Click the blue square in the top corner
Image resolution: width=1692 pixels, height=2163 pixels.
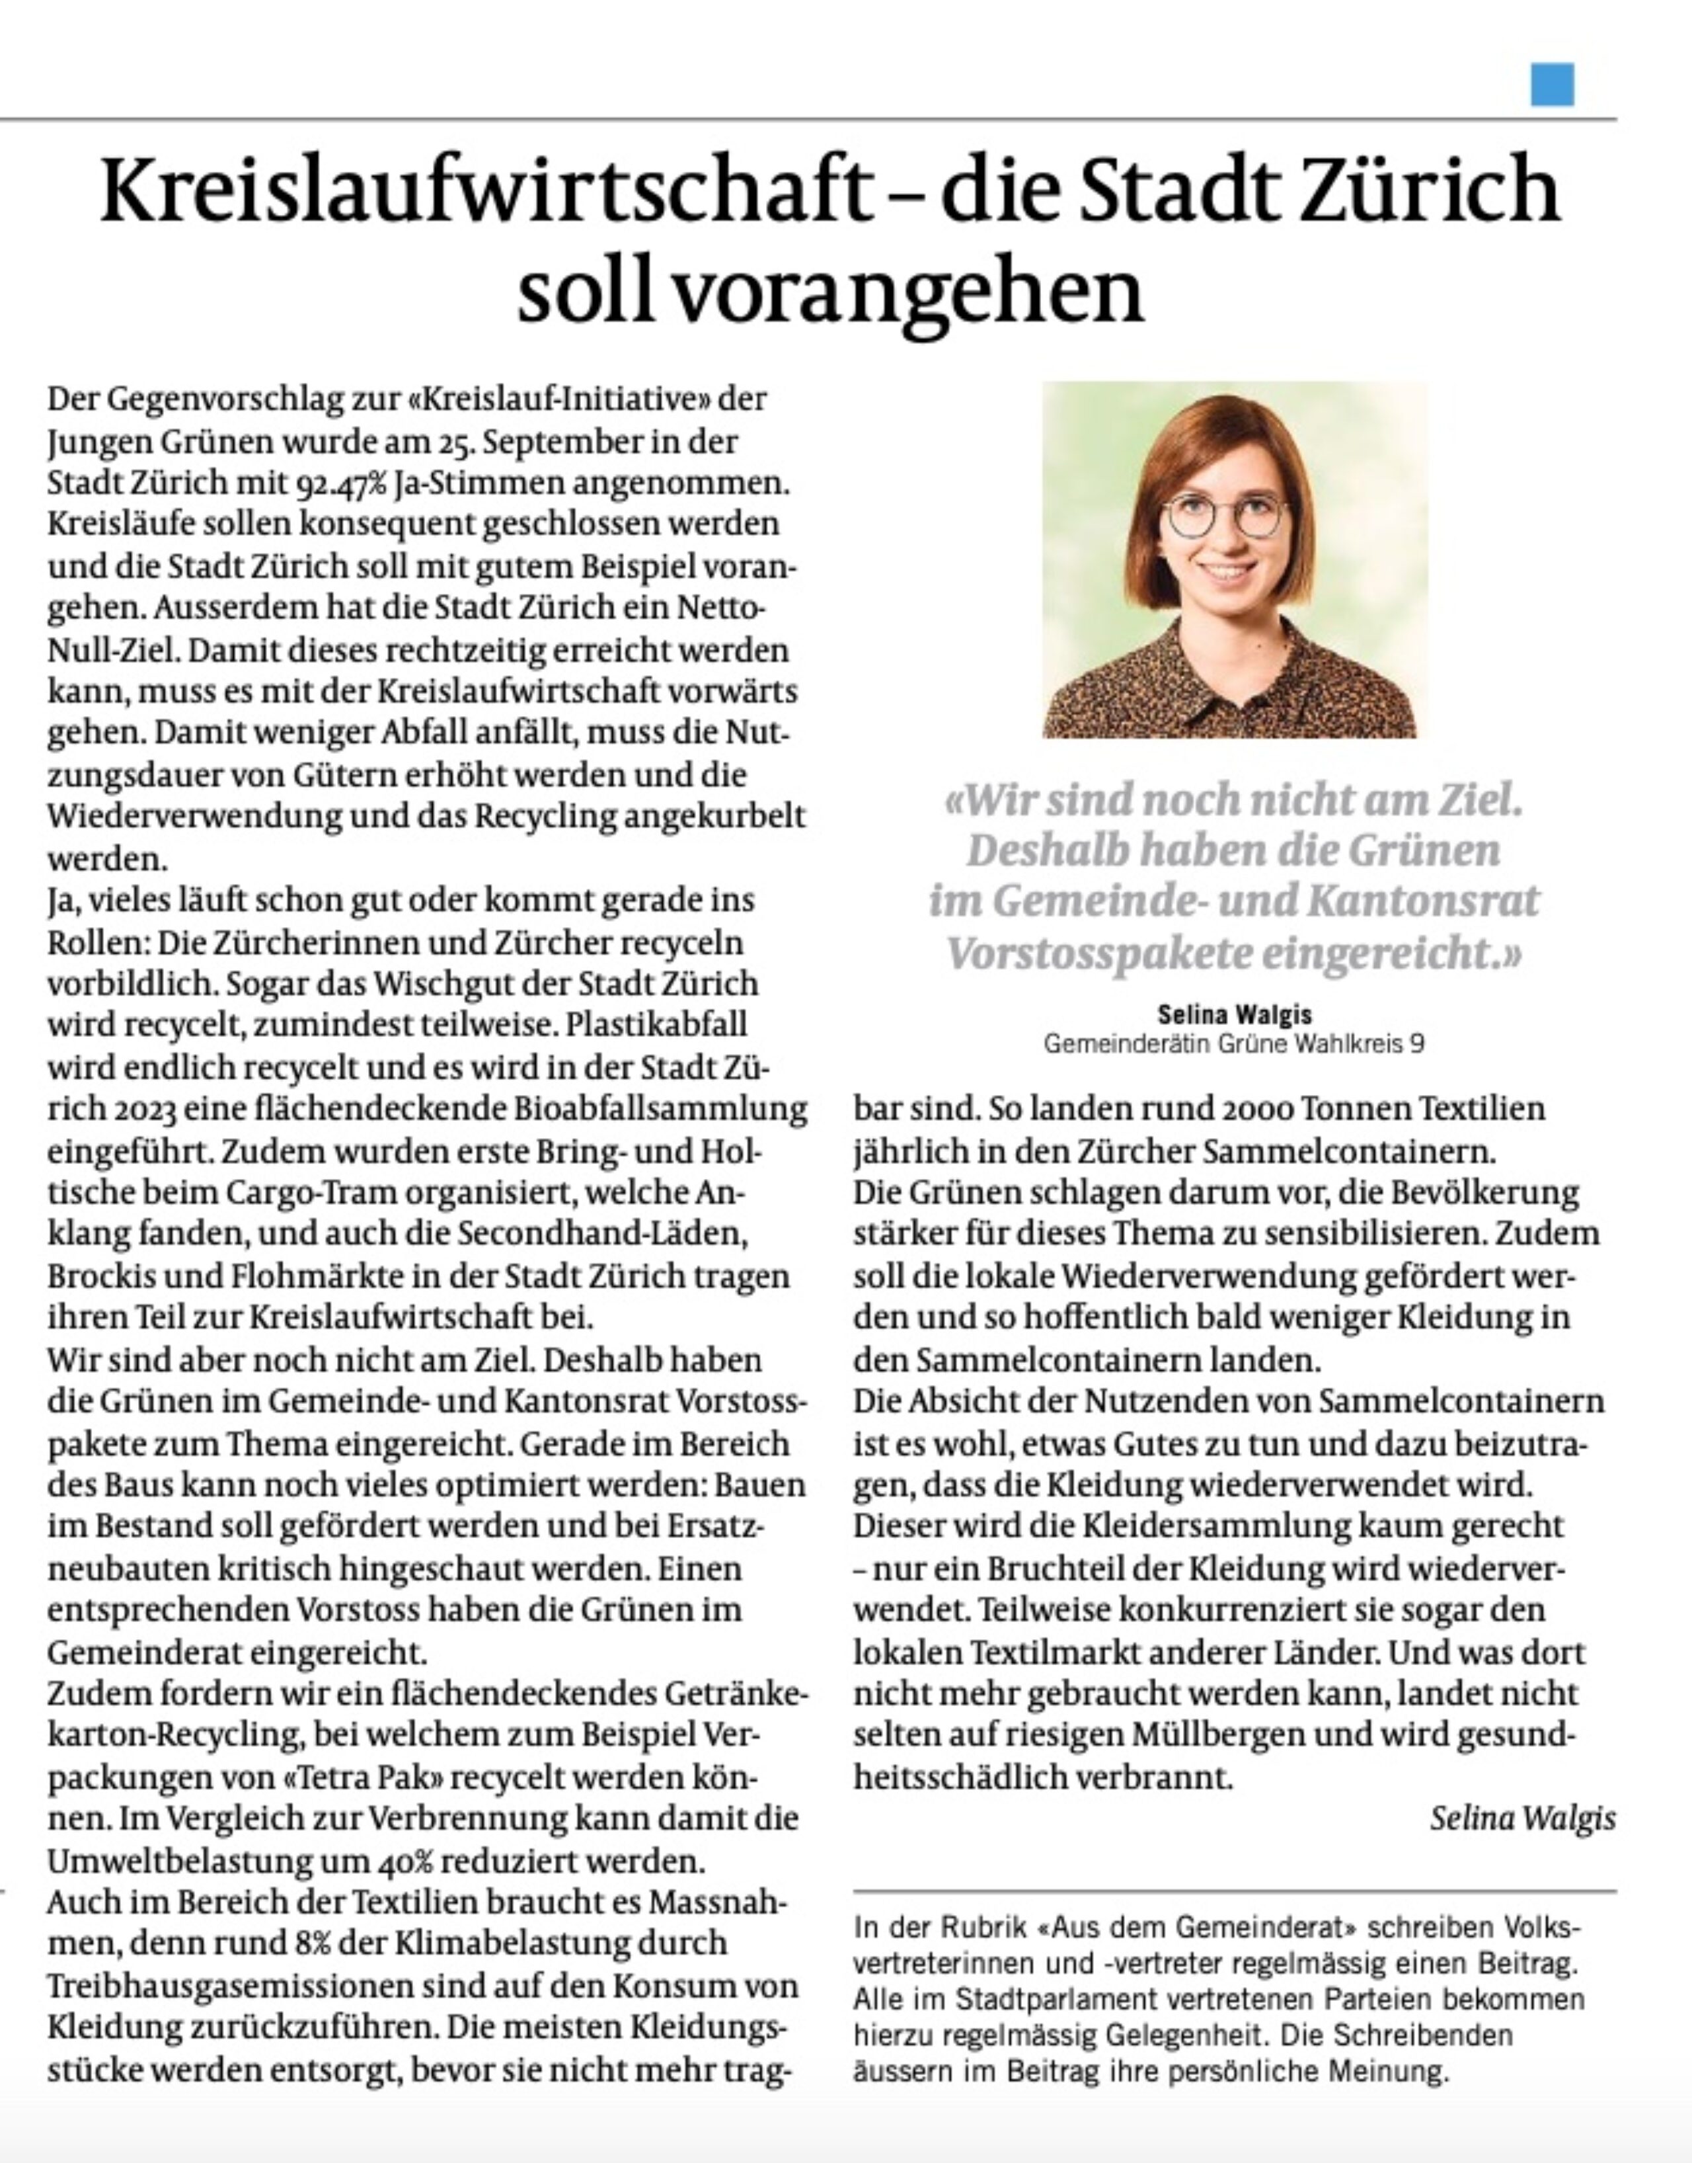click(1551, 84)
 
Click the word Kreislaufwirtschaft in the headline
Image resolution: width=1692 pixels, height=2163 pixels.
click(484, 190)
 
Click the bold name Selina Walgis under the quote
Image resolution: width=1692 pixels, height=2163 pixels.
click(1235, 1014)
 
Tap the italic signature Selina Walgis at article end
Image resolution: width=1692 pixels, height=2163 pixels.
click(1521, 1818)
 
